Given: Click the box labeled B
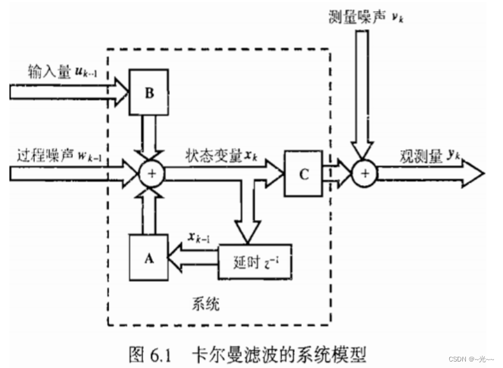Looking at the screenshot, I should (x=149, y=93).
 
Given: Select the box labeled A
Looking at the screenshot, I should (x=149, y=257).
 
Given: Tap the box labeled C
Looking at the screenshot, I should (x=303, y=173).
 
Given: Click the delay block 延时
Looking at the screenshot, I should (x=247, y=258).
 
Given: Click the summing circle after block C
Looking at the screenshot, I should (x=364, y=173).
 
